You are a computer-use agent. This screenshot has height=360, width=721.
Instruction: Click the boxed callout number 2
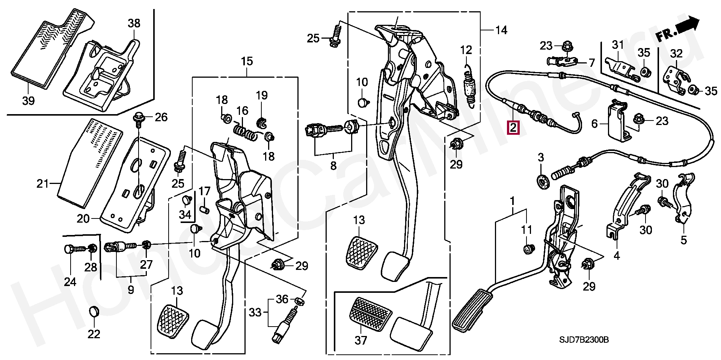point(513,128)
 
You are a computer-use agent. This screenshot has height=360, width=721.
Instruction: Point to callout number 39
point(29,100)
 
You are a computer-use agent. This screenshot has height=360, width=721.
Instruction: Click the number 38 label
point(134,23)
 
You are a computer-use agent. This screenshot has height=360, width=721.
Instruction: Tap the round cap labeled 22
point(94,311)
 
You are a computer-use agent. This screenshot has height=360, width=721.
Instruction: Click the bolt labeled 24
point(71,249)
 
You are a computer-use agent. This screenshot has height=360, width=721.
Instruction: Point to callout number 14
point(501,30)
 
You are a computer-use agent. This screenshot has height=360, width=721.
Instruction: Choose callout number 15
point(247,61)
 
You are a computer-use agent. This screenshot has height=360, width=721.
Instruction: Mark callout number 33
point(255,312)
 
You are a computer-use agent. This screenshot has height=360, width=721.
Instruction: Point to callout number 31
point(618,45)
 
